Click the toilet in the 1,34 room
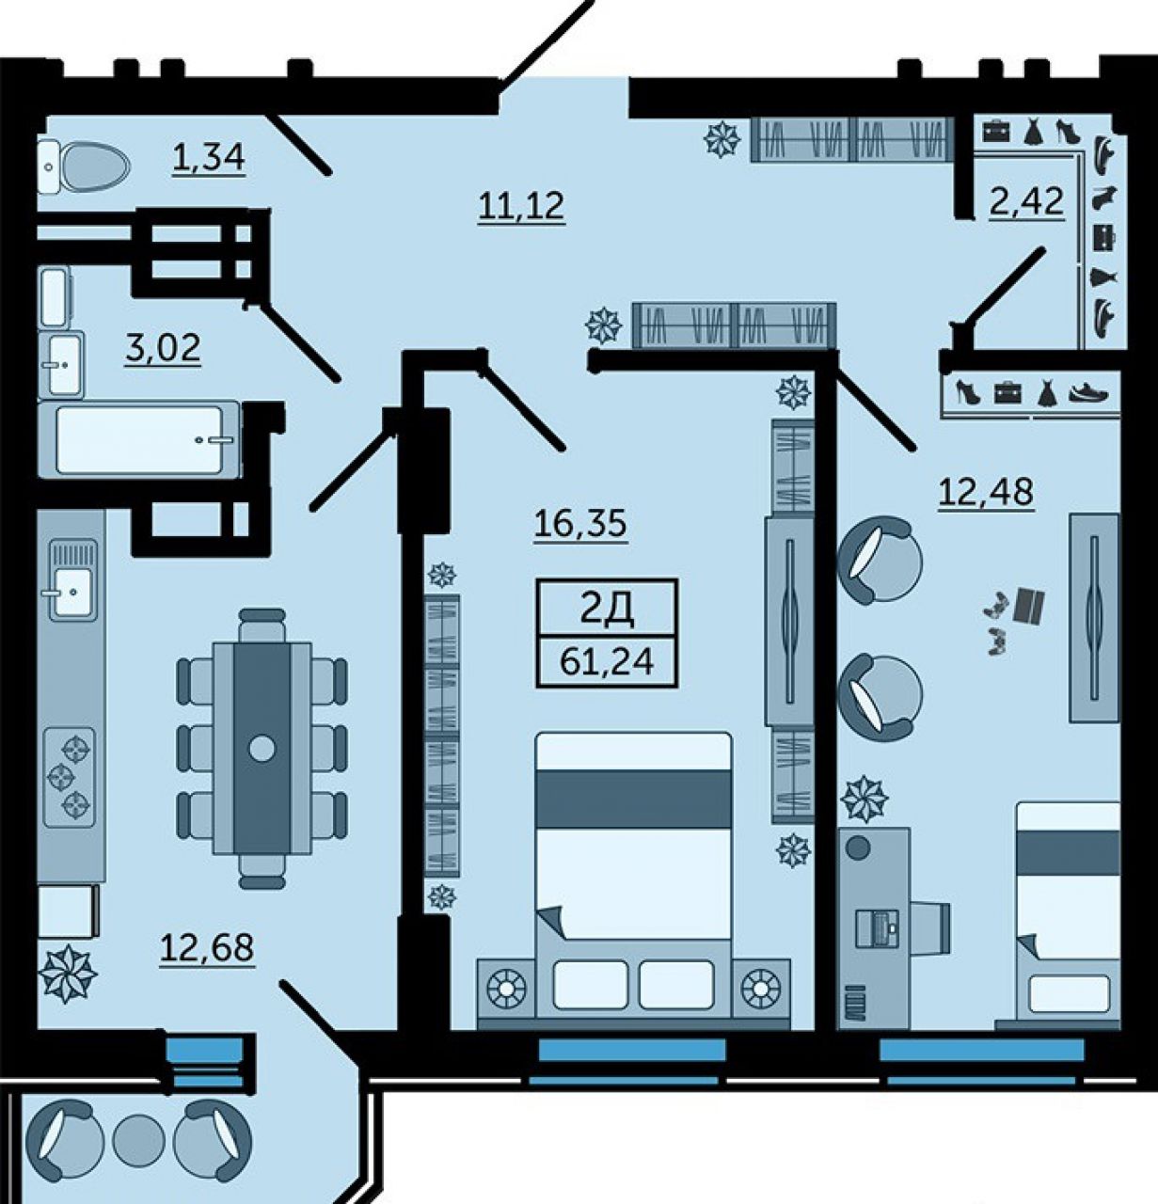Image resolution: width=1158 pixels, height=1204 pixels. coord(84,166)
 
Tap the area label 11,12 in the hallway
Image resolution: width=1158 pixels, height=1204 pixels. coord(521,206)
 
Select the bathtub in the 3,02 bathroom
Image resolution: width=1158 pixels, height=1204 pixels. coord(138,439)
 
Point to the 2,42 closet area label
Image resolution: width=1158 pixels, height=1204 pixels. coord(1026,201)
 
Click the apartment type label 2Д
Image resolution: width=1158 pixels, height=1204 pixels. coord(607,610)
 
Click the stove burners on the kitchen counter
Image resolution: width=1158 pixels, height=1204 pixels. coord(70,777)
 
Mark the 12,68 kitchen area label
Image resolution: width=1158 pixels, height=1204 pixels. coord(207,947)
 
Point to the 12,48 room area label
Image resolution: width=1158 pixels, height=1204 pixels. coord(986,492)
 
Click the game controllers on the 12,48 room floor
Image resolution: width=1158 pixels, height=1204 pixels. coord(996,623)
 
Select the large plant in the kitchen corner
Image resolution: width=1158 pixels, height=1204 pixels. coord(67,974)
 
